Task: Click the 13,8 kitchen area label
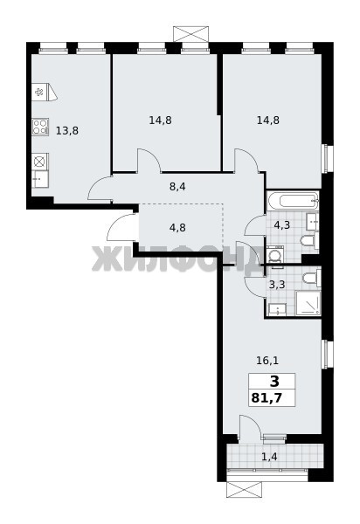[x=67, y=130]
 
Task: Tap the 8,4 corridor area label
[x=177, y=187]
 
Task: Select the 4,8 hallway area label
[x=177, y=228]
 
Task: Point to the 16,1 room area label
[x=267, y=360]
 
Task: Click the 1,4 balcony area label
[x=269, y=456]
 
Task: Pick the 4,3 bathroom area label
[x=281, y=225]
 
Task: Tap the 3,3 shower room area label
[x=277, y=285]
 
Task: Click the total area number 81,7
[x=267, y=397]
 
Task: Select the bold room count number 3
[x=274, y=381]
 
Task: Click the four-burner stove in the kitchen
[x=40, y=127]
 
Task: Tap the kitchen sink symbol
[x=40, y=178]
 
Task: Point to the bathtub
[x=293, y=201]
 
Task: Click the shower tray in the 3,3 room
[x=308, y=303]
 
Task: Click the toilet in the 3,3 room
[x=312, y=278]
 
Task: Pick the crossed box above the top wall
[x=190, y=34]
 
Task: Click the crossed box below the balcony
[x=245, y=490]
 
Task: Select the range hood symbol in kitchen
[x=45, y=92]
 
